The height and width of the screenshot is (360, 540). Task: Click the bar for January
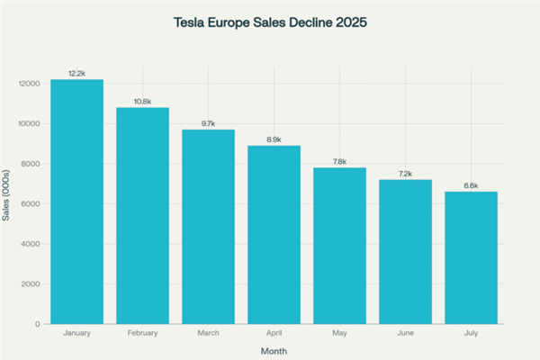click(x=76, y=202)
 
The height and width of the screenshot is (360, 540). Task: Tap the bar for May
click(x=339, y=246)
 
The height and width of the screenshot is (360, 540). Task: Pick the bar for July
click(x=471, y=257)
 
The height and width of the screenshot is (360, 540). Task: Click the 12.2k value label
click(x=76, y=72)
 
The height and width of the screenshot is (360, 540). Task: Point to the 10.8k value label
click(x=142, y=101)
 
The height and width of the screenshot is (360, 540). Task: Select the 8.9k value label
click(x=274, y=139)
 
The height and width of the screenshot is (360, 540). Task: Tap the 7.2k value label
click(x=405, y=173)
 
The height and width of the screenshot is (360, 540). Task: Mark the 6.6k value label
click(x=471, y=184)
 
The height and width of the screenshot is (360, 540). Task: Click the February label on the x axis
click(x=142, y=333)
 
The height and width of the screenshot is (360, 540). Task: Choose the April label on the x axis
click(x=274, y=333)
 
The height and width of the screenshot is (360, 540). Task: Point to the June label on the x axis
click(x=405, y=333)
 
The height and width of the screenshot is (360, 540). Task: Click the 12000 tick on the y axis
click(x=28, y=84)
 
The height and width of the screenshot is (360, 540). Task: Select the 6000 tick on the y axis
click(x=30, y=203)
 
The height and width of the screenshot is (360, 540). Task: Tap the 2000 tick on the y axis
click(x=30, y=283)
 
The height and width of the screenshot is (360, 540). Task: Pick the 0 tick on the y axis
click(x=37, y=324)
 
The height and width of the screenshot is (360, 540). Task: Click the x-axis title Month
click(x=274, y=350)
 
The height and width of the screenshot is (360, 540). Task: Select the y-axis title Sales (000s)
click(x=8, y=202)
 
